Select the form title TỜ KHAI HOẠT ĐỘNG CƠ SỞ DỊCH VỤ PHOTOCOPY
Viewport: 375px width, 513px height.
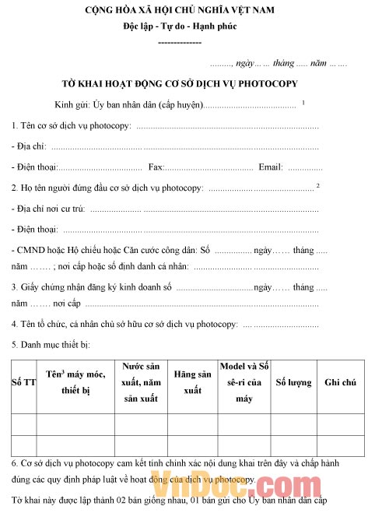point(180,83)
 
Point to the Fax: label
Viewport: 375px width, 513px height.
point(156,167)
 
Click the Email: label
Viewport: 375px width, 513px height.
point(271,167)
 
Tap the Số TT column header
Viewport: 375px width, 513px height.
point(23,383)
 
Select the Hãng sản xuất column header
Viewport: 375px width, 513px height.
point(193,383)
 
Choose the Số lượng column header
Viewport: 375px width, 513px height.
point(294,383)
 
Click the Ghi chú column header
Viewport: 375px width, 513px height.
point(340,383)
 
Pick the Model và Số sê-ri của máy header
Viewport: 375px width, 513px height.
point(244,383)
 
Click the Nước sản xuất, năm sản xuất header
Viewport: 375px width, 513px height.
point(142,383)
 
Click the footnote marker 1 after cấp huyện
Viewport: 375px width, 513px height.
point(303,102)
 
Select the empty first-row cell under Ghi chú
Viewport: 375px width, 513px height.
point(340,423)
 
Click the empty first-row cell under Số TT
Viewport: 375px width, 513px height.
point(23,423)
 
